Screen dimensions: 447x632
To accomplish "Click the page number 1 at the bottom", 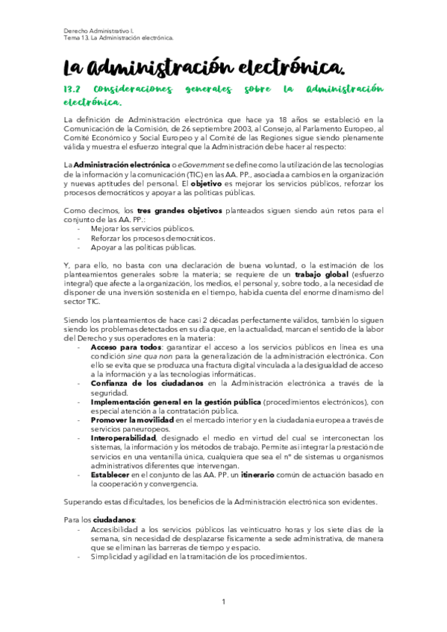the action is [x=223, y=601].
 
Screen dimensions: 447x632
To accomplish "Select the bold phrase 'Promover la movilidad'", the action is [x=133, y=420].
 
